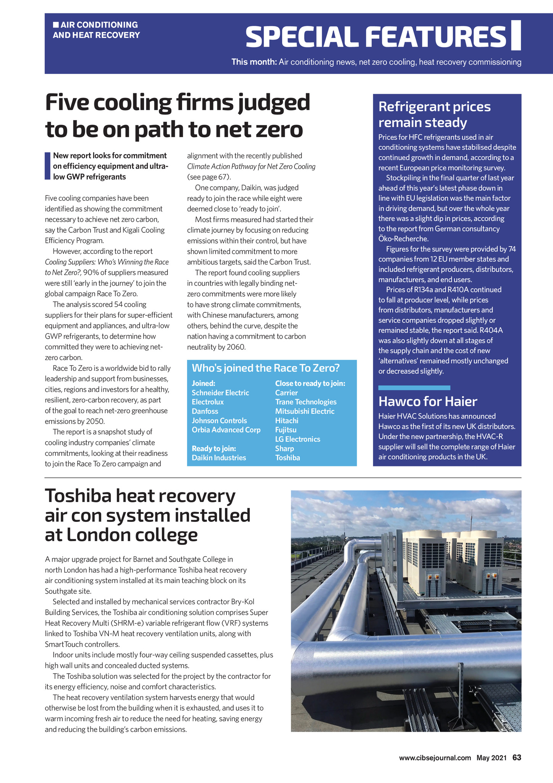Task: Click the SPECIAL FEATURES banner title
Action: pyautogui.click(x=376, y=37)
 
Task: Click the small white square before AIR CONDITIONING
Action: pyautogui.click(x=56, y=25)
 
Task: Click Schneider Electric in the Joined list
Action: pyautogui.click(x=220, y=393)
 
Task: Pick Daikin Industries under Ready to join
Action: pyautogui.click(x=219, y=458)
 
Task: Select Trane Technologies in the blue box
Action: pyautogui.click(x=306, y=402)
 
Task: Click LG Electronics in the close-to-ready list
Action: pyautogui.click(x=298, y=439)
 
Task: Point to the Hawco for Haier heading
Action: pyautogui.click(x=428, y=401)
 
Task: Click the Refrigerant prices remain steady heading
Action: pyautogui.click(x=434, y=114)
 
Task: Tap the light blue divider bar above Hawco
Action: pyautogui.click(x=414, y=388)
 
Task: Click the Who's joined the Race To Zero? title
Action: pyautogui.click(x=265, y=368)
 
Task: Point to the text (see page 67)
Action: pyautogui.click(x=209, y=177)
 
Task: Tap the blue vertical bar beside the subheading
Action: pyautogui.click(x=47, y=166)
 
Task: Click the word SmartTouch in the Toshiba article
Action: pyautogui.click(x=66, y=644)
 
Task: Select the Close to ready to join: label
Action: pyautogui.click(x=310, y=383)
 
